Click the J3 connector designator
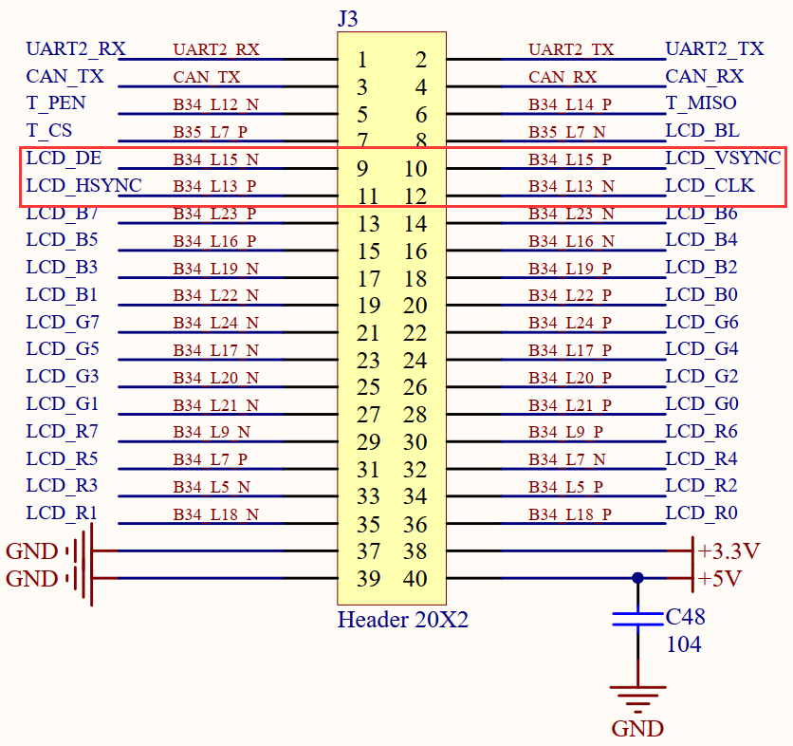[348, 19]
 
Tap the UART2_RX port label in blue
[76, 49]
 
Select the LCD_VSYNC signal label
[723, 158]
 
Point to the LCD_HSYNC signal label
[84, 186]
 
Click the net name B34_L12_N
[216, 104]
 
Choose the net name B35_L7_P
[211, 132]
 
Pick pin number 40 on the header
[415, 578]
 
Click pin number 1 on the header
[362, 60]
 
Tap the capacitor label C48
[685, 617]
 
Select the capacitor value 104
[684, 644]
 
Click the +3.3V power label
[728, 551]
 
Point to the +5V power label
[720, 578]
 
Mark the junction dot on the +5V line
[637, 578]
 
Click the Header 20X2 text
[403, 620]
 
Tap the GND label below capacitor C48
[637, 729]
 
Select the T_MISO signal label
[701, 103]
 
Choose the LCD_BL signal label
[703, 131]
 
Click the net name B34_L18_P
[570, 514]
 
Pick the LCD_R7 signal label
[63, 432]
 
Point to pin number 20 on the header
[415, 306]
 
